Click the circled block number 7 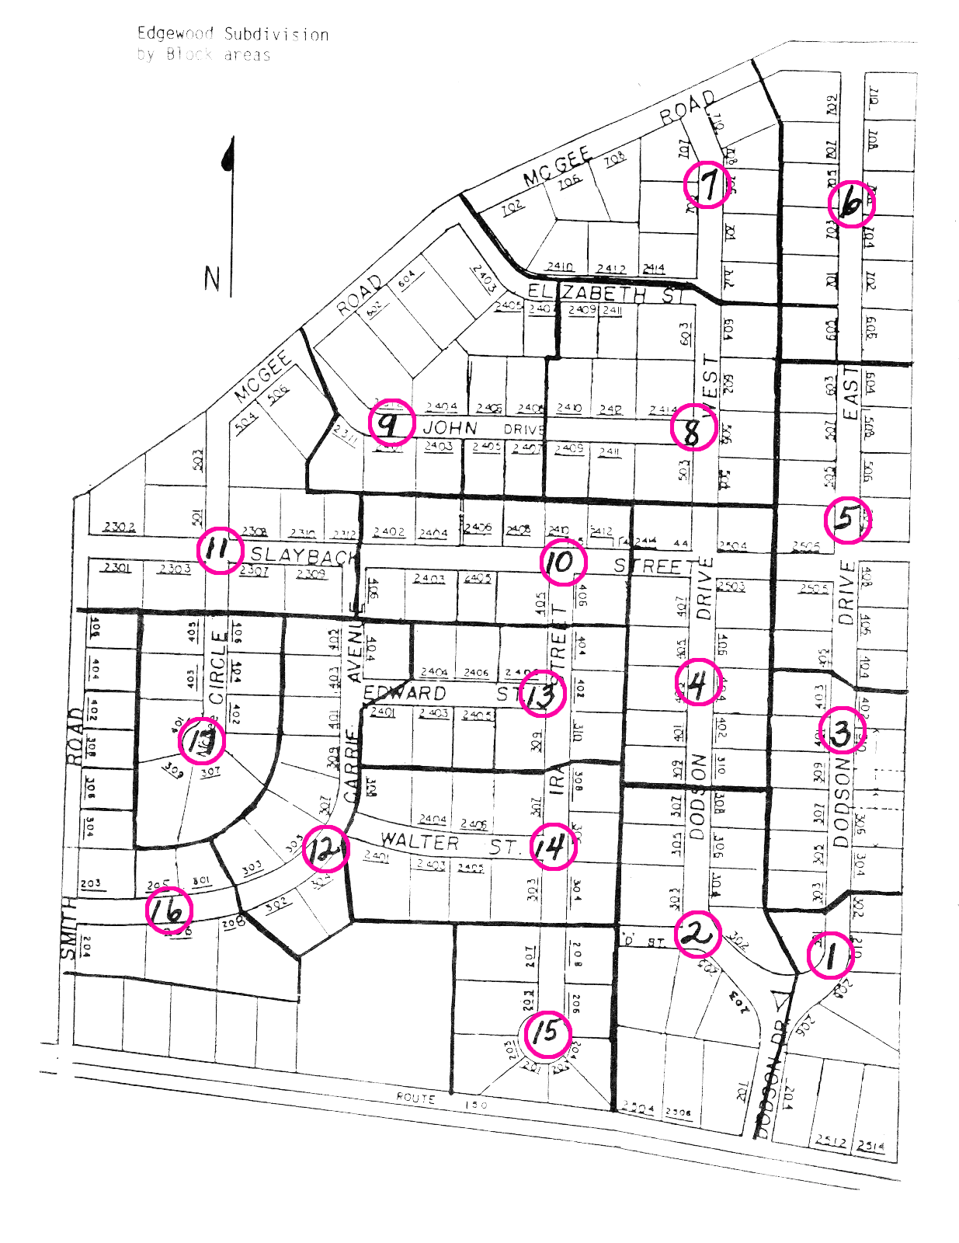[x=707, y=185]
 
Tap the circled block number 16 [x=169, y=910]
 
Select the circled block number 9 [x=391, y=424]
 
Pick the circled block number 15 [x=547, y=1033]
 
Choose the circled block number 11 [x=220, y=549]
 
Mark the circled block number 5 [x=847, y=519]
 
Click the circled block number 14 [x=553, y=846]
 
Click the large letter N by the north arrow [x=212, y=278]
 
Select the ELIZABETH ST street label [x=605, y=294]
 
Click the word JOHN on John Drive [x=450, y=428]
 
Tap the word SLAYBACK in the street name [x=304, y=555]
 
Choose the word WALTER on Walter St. [x=419, y=841]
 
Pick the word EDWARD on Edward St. [x=405, y=692]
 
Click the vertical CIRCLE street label [x=217, y=669]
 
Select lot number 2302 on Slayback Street [x=119, y=527]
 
